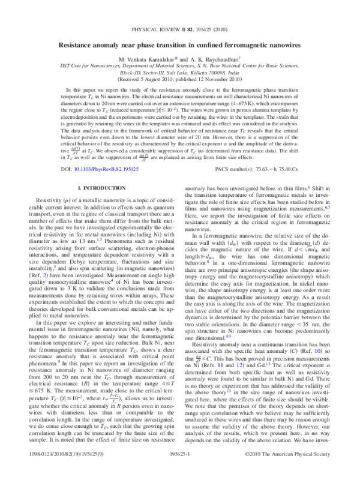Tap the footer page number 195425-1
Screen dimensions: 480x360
coord(179,472)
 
